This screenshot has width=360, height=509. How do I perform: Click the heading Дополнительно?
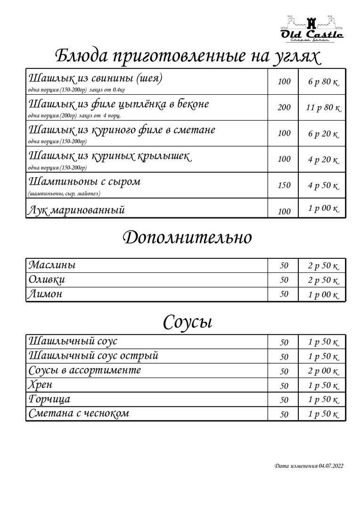187,238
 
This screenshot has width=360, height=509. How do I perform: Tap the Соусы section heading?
188,322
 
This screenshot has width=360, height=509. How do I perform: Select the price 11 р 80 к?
323,107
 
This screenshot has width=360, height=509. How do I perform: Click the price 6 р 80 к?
323,82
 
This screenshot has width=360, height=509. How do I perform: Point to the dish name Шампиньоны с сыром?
85,181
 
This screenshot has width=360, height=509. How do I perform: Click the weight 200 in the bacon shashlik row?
284,107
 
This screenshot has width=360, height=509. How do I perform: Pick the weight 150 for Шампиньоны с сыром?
284,185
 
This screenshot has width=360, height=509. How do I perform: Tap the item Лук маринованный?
77,210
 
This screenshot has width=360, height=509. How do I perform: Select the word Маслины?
52,265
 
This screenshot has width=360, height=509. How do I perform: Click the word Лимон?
46,295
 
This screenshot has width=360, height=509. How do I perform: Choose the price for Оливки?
323,280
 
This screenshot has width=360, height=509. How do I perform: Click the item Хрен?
41,385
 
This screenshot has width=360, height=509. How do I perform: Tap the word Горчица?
49,400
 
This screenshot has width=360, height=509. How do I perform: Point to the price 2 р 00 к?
323,371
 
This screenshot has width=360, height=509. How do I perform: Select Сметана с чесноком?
79,414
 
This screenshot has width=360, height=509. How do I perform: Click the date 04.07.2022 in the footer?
331,466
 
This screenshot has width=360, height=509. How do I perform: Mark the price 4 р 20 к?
323,160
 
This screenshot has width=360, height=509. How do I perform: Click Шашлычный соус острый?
93,355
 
